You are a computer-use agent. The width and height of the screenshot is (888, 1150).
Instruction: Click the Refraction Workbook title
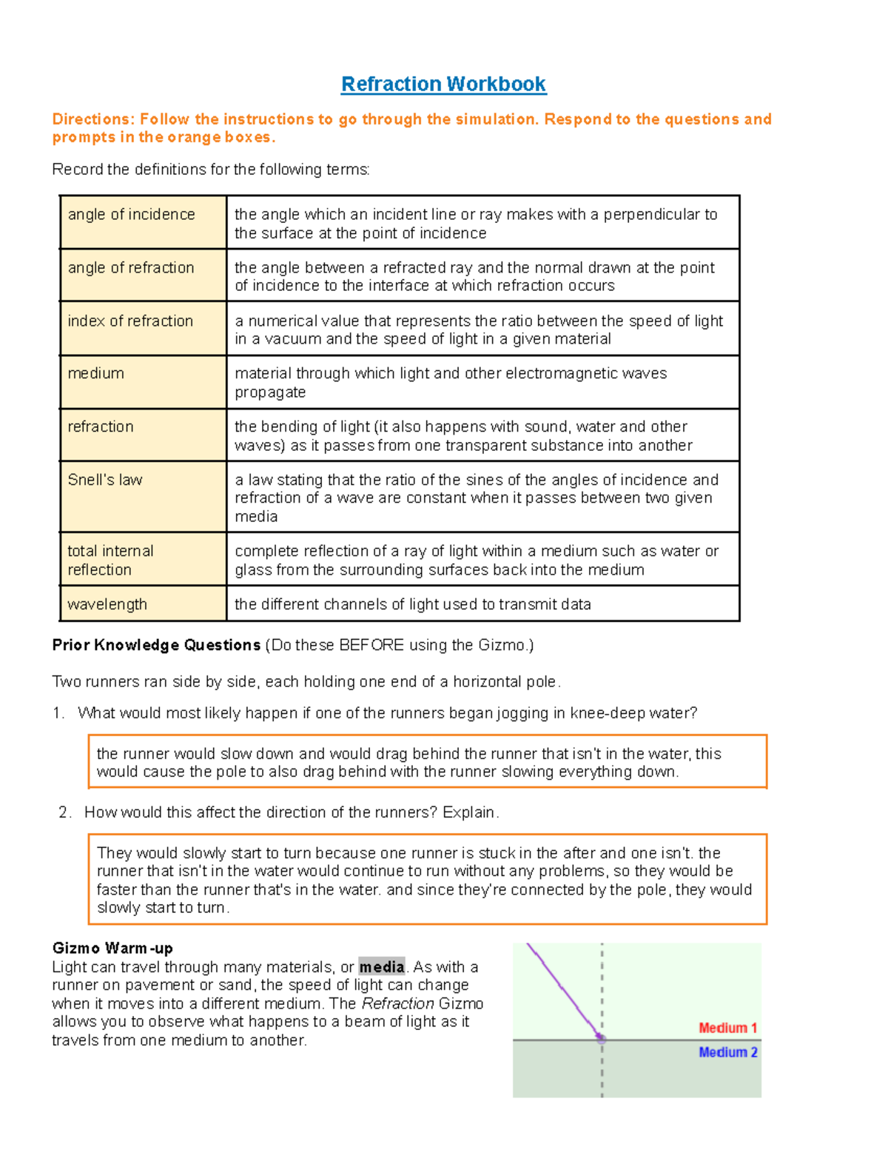tap(443, 84)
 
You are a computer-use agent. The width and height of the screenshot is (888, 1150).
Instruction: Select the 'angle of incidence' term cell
tap(143, 222)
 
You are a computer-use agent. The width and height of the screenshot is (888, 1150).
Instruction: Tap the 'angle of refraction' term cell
tap(143, 275)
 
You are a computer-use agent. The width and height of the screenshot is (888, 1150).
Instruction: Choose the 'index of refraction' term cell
tap(143, 328)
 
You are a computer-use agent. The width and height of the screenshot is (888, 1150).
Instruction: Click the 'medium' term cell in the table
tap(143, 381)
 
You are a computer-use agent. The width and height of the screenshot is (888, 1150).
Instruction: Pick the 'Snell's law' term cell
tap(143, 496)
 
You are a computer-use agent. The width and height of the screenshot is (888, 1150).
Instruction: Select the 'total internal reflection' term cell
tap(143, 559)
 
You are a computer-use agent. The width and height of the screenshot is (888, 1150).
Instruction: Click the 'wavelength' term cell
tap(143, 604)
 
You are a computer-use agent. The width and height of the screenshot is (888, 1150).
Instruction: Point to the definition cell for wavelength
tap(482, 604)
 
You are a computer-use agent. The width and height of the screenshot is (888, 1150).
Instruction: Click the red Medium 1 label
tap(727, 1028)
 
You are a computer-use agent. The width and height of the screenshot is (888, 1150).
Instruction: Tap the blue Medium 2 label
tap(727, 1052)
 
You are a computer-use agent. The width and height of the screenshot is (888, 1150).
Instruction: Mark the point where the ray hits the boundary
tap(602, 1040)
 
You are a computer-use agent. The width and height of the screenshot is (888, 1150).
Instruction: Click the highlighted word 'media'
tap(381, 967)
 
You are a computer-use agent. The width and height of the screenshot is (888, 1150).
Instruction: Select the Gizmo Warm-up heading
tap(112, 949)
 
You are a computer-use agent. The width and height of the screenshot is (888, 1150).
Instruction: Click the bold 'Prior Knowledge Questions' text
tap(156, 645)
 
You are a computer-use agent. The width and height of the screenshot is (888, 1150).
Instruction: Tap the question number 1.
tap(58, 713)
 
